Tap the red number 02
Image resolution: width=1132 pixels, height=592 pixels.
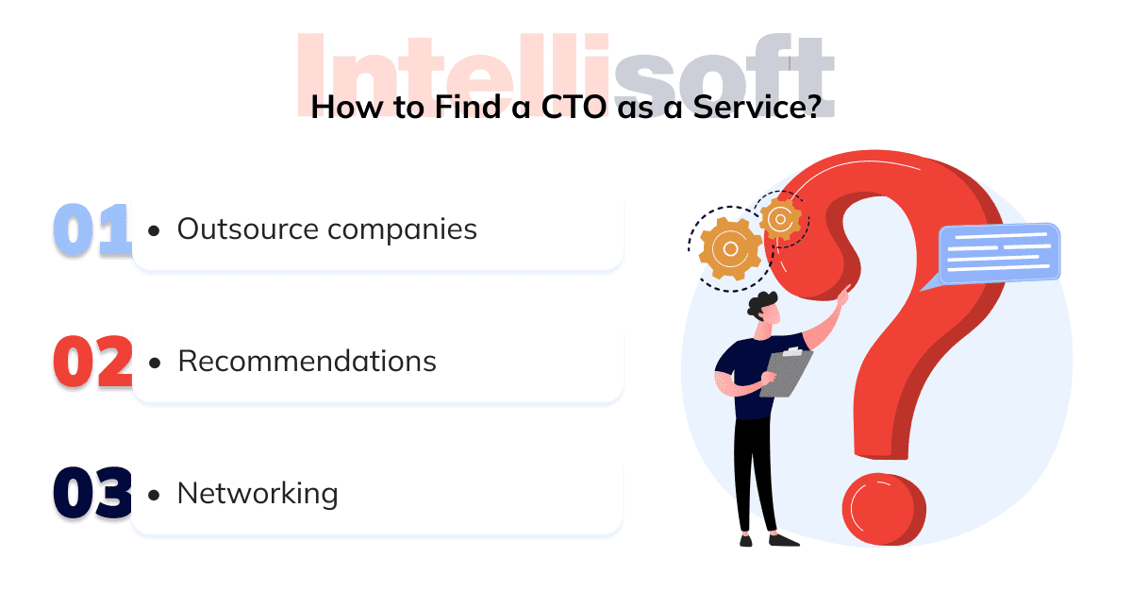(92, 362)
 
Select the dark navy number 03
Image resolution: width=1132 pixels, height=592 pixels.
(92, 494)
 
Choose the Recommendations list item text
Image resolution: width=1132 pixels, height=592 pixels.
(307, 362)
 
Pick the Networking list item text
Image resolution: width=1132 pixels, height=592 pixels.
(257, 494)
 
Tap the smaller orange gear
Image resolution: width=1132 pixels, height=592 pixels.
(780, 219)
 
